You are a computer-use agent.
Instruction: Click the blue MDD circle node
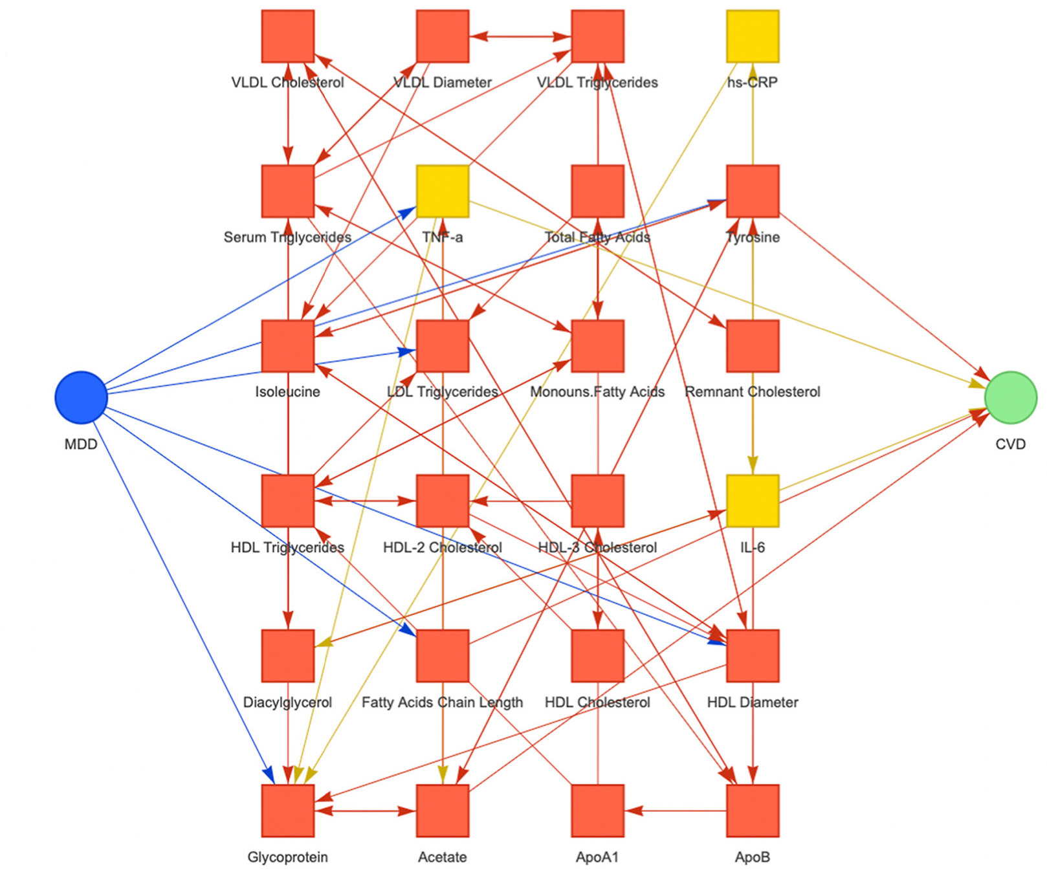81,397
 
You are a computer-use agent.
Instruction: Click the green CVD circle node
1010,397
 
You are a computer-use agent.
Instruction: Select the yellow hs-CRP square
752,36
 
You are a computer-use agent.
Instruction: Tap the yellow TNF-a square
443,191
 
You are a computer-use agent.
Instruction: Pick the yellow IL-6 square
752,501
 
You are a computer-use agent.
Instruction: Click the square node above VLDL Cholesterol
288,36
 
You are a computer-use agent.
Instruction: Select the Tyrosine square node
752,191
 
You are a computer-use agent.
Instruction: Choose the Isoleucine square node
288,346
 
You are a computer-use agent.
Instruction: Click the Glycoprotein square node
288,811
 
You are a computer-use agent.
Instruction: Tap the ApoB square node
752,811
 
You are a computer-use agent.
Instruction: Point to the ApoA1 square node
597,811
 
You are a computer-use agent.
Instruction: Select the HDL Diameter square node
752,655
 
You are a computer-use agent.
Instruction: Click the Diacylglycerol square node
288,655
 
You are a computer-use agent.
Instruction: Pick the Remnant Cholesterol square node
752,346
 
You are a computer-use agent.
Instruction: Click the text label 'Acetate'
442,857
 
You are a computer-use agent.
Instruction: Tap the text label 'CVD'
1010,444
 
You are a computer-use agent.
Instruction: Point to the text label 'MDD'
81,444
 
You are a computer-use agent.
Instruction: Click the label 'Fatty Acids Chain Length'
442,702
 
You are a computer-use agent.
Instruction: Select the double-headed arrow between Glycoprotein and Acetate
365,811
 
